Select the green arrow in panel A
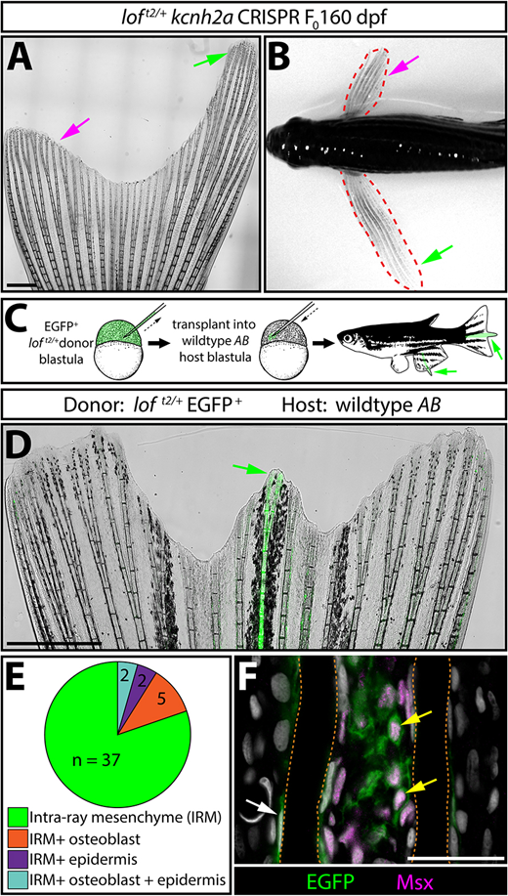click(x=217, y=57)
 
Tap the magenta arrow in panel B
click(x=404, y=65)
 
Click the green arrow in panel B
click(x=437, y=255)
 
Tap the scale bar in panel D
click(x=55, y=643)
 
